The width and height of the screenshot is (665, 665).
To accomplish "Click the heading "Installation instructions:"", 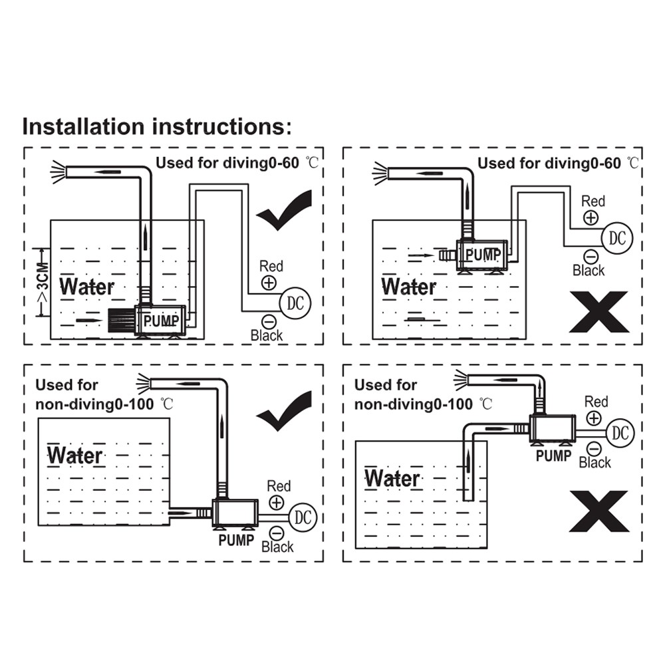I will [157, 126].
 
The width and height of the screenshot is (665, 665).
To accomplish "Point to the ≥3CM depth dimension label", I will [41, 282].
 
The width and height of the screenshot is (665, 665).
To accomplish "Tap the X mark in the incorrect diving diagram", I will [598, 312].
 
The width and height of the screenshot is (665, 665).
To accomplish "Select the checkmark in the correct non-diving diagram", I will [285, 412].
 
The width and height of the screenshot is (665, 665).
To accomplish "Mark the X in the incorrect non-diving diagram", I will [598, 511].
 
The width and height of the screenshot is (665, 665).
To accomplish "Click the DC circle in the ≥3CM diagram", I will [295, 304].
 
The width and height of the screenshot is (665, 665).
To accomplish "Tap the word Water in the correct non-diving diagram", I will [75, 456].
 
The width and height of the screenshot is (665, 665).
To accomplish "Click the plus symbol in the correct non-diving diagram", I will [276, 503].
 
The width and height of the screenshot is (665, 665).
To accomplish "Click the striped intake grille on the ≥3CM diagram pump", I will [120, 321].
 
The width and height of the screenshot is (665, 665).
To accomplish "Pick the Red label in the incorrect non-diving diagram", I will [596, 402].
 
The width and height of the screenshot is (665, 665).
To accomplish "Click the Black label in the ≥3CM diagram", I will [267, 336].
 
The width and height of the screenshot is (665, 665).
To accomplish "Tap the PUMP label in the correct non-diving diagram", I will [236, 540].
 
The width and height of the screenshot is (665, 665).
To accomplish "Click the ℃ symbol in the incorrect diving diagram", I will [632, 163].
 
